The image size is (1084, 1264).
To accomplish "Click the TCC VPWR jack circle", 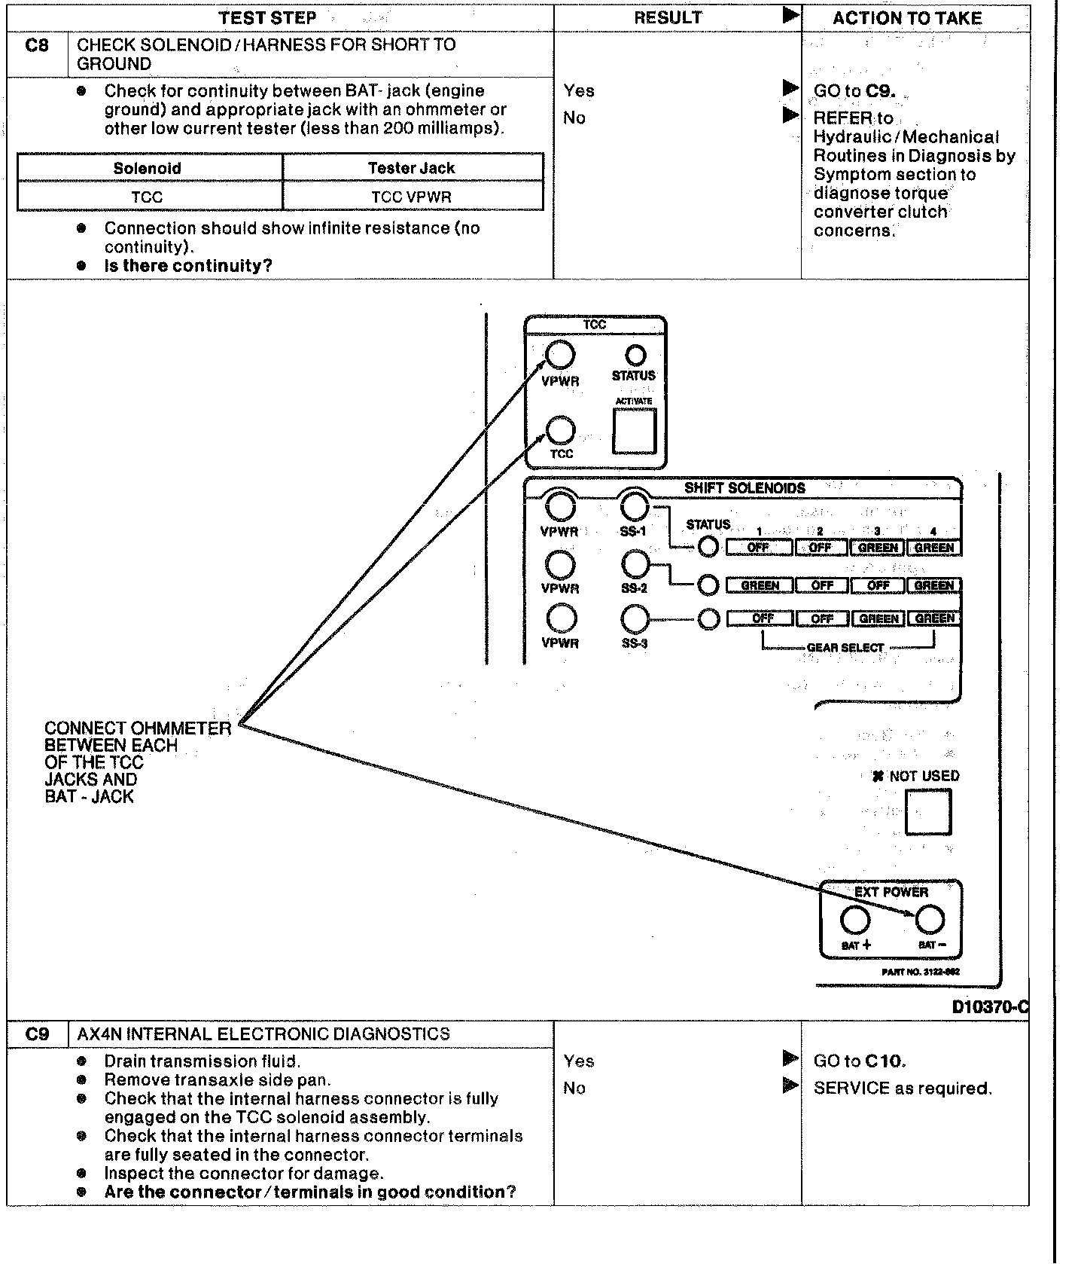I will click(x=560, y=355).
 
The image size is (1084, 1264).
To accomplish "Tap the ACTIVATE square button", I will click(x=634, y=431).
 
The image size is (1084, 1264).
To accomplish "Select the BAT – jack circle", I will click(x=929, y=920).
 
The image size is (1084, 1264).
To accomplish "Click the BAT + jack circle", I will click(x=854, y=920).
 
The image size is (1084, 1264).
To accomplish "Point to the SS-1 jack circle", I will click(x=635, y=507).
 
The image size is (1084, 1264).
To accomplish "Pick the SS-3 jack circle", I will click(x=635, y=619).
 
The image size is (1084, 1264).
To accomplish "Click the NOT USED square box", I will click(x=927, y=811).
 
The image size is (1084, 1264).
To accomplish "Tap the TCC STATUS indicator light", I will click(x=636, y=355).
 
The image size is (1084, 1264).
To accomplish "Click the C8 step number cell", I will click(x=37, y=45).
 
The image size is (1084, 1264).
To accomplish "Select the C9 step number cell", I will click(x=37, y=1034).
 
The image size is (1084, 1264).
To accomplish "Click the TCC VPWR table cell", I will click(x=412, y=197).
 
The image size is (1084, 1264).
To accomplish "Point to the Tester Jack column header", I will click(x=412, y=168).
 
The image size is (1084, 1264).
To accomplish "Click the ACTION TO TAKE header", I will click(x=907, y=18).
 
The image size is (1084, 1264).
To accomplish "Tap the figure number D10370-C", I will click(x=989, y=1007).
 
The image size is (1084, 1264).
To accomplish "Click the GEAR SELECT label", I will click(x=845, y=647).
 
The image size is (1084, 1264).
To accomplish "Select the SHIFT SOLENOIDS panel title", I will click(x=744, y=488).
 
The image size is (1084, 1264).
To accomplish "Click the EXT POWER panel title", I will click(x=891, y=892).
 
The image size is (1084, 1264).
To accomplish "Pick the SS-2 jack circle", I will click(x=635, y=563).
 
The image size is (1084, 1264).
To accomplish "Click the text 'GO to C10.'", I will click(x=860, y=1061).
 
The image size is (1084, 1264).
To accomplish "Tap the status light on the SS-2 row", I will click(x=708, y=585).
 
